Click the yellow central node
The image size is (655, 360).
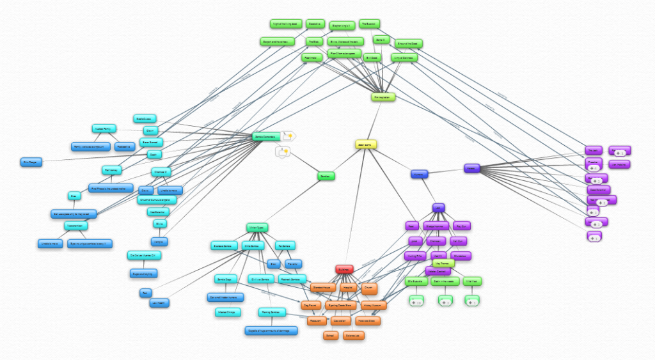point(365,145)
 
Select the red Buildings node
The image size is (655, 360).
point(344,270)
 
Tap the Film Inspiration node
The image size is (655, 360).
point(383,97)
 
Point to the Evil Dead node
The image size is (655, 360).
point(372,58)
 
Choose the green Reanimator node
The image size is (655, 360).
point(310,58)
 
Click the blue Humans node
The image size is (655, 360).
point(419,173)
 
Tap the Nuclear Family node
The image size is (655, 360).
point(104,128)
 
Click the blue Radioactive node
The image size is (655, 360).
point(125,146)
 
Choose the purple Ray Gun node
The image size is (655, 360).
point(461,226)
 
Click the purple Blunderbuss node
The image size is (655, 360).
point(462,256)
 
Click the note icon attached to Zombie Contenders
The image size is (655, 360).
point(288,136)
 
